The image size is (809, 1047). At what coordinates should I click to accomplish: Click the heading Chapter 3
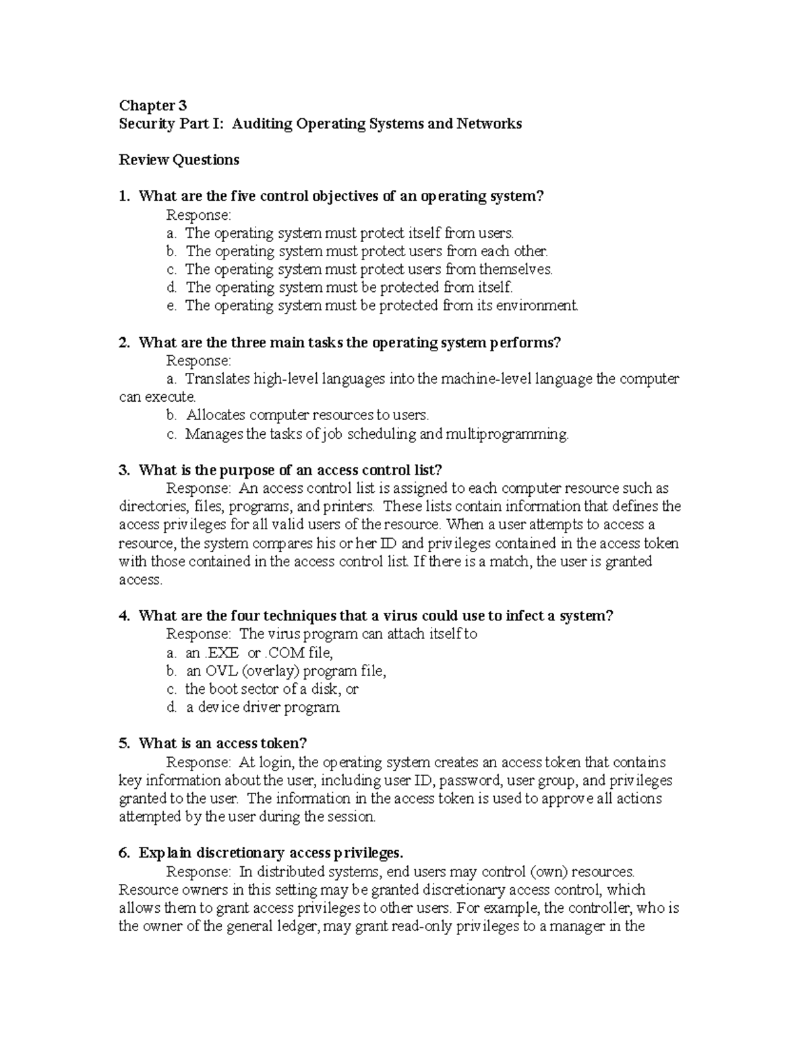[x=152, y=105]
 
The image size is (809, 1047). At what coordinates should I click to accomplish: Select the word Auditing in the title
[x=261, y=123]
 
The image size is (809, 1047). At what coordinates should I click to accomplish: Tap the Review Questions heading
[x=179, y=160]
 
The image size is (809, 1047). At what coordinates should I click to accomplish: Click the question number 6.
[x=124, y=853]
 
